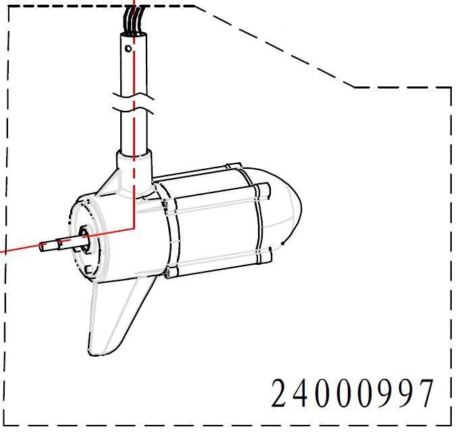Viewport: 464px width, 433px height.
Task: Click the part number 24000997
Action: click(x=351, y=394)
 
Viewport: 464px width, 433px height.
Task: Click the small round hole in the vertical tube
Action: click(x=128, y=49)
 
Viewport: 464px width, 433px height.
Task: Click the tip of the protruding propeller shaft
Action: click(x=43, y=247)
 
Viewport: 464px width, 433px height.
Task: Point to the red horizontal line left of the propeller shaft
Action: click(x=17, y=248)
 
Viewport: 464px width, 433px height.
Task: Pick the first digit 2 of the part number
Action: click(x=280, y=394)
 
